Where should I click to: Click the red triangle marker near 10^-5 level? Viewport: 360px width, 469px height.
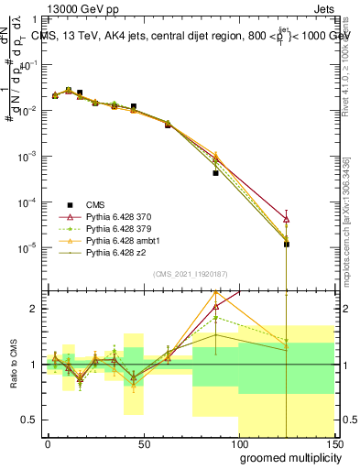[287, 220]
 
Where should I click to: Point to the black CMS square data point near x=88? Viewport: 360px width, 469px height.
[215, 172]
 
